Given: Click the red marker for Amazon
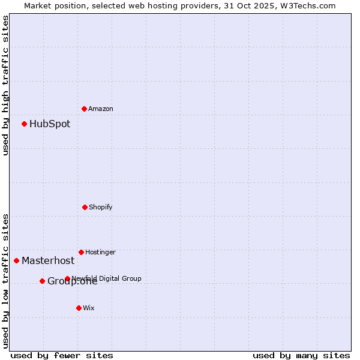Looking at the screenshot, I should [85, 109].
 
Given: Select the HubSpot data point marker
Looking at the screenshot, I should [25, 124].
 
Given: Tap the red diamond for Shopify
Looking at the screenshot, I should [85, 207].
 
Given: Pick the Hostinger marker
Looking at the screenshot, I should [81, 252].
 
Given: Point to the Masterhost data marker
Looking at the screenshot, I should [16, 260].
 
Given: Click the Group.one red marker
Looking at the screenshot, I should [42, 281].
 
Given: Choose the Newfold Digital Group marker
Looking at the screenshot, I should [67, 278].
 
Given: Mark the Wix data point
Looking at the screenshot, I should [79, 308].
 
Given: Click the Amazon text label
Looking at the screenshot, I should [101, 109].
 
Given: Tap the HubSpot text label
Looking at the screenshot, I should [50, 124].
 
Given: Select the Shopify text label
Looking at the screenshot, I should [101, 207].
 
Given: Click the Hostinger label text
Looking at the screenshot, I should [100, 252].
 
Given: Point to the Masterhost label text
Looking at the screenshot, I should [48, 260].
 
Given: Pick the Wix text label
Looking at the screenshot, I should [89, 308].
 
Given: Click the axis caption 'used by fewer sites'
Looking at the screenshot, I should [62, 355].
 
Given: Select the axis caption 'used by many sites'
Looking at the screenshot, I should [301, 355].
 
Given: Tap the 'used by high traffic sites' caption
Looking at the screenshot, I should [5, 85].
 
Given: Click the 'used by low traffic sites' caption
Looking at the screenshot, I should [5, 280].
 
